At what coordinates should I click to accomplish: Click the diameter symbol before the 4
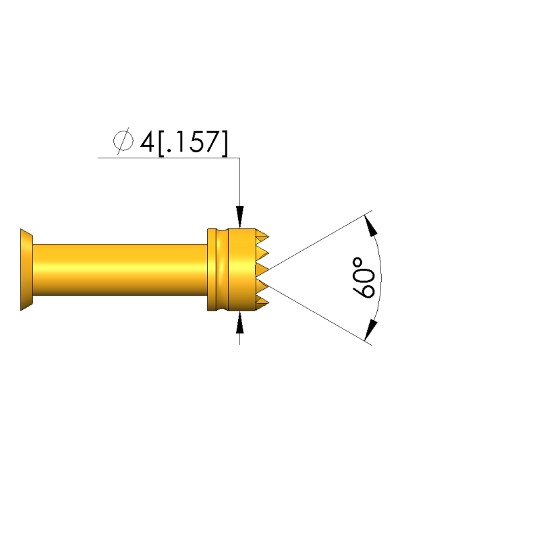123,141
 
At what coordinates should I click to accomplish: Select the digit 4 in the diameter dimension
147,141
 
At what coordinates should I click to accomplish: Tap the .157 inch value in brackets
192,141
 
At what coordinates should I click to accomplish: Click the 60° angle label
364,278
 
